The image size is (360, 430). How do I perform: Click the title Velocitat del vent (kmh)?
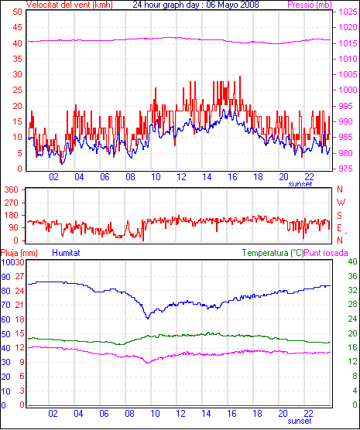[x=69, y=5]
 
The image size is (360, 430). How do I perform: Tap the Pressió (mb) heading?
[x=310, y=5]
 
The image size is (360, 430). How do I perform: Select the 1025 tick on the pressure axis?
[x=348, y=12]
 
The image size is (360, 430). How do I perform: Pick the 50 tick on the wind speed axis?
[x=17, y=12]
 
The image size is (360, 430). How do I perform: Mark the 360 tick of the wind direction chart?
[x=12, y=189]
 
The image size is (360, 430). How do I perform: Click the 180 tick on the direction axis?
[x=12, y=215]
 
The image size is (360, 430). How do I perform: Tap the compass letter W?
[x=341, y=203]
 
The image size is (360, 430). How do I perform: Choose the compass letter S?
[x=339, y=216]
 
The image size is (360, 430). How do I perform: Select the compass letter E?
[x=339, y=228]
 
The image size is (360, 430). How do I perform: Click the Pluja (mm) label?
[x=19, y=253]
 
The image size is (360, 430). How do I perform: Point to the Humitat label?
[x=66, y=252]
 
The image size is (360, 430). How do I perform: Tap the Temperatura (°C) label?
[x=273, y=253]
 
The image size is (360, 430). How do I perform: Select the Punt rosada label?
[x=326, y=253]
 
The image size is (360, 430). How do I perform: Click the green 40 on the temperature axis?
[x=352, y=261]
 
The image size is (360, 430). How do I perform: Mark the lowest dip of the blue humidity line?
[x=148, y=319]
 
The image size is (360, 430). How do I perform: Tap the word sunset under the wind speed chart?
[x=300, y=184]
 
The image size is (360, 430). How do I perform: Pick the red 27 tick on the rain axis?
[x=19, y=276]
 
